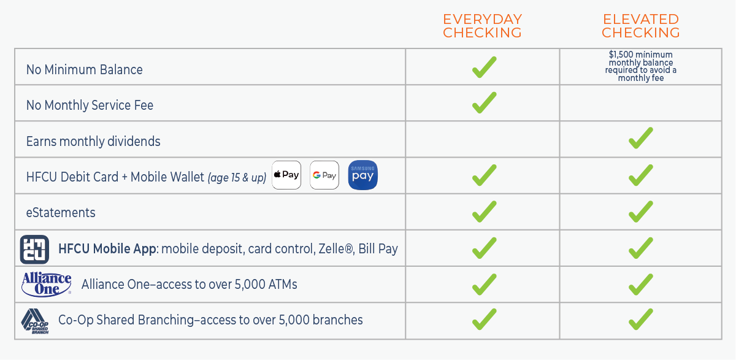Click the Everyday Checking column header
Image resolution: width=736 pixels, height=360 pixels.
482,26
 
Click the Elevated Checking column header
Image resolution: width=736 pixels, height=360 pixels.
641,26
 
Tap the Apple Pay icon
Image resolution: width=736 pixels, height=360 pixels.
286,175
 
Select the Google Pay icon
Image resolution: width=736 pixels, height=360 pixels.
324,175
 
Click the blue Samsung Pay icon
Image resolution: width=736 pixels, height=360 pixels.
362,175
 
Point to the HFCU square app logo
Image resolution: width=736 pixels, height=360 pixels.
34,249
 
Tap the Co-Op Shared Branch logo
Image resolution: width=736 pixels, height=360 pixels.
35,321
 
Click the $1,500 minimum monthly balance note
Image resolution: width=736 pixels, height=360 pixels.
640,66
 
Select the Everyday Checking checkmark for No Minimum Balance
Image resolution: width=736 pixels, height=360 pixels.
484,67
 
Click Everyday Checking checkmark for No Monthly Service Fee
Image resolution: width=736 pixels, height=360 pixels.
484,103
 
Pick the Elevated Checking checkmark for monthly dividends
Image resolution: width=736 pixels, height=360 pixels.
640,139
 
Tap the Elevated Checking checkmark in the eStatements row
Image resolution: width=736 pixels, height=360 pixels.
640,212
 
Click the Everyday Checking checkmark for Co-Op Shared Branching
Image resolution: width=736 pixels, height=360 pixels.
484,320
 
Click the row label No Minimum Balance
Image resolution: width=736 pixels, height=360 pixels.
84,69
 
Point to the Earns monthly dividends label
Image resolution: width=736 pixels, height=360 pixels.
93,141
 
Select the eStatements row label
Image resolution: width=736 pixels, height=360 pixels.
61,213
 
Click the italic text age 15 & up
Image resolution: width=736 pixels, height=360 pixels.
237,177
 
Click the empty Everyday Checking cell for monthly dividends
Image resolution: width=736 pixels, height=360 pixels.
482,140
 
